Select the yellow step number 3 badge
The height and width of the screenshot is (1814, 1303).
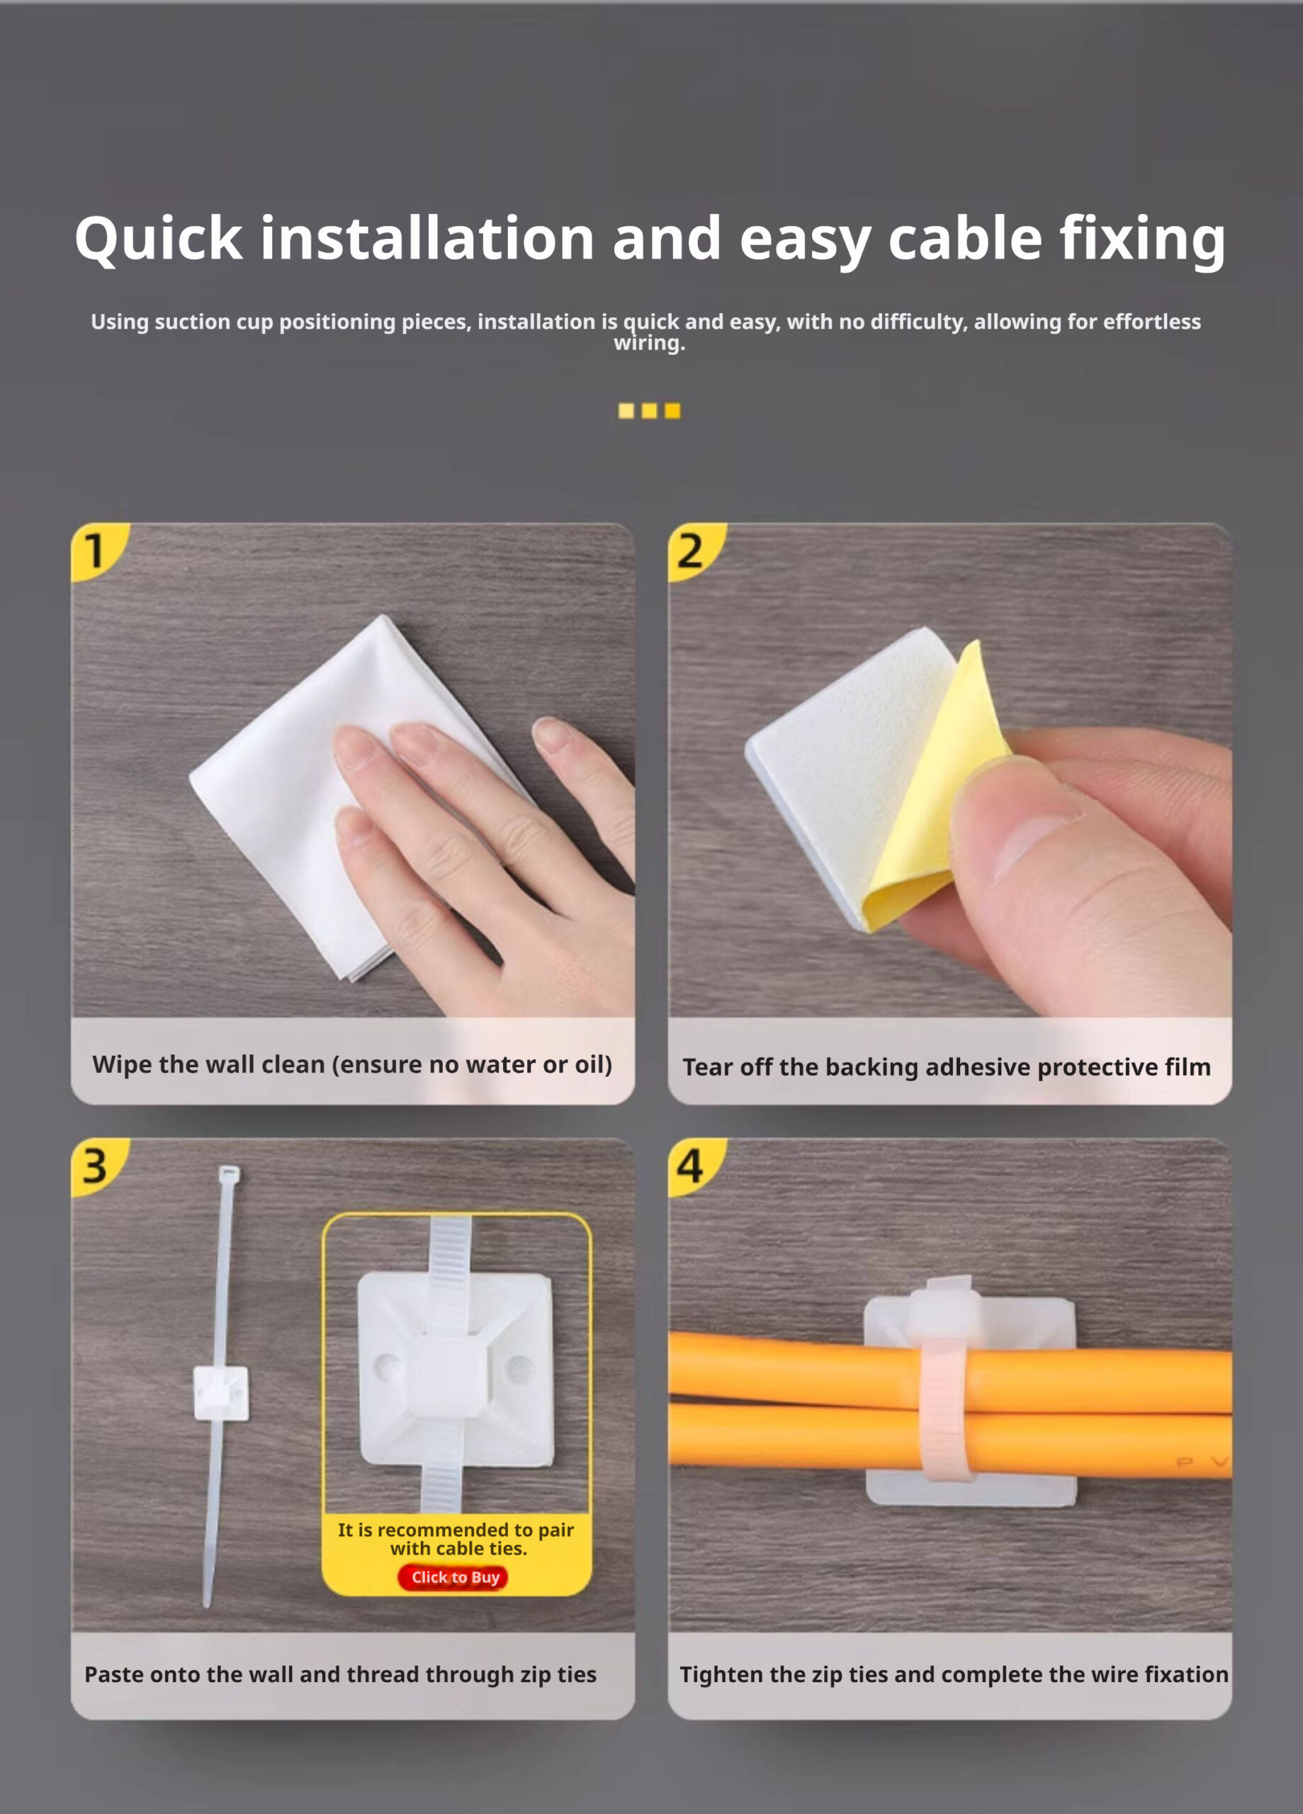pyautogui.click(x=94, y=1166)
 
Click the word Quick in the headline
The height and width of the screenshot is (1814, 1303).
pyautogui.click(x=159, y=238)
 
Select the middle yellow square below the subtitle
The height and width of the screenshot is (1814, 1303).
pyautogui.click(x=650, y=410)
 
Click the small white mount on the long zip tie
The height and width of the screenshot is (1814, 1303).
pyautogui.click(x=221, y=1392)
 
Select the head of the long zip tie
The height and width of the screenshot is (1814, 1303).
pyautogui.click(x=229, y=1174)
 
